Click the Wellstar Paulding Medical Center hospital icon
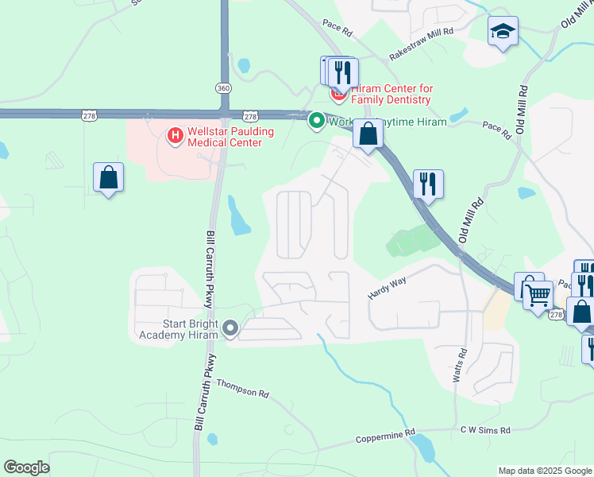(175, 136)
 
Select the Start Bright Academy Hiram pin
(231, 328)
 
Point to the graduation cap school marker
(503, 32)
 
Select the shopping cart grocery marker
(539, 296)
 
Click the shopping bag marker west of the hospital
(108, 178)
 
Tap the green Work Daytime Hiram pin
(316, 121)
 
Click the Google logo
(26, 467)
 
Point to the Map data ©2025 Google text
(544, 471)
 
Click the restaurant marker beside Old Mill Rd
(428, 184)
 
